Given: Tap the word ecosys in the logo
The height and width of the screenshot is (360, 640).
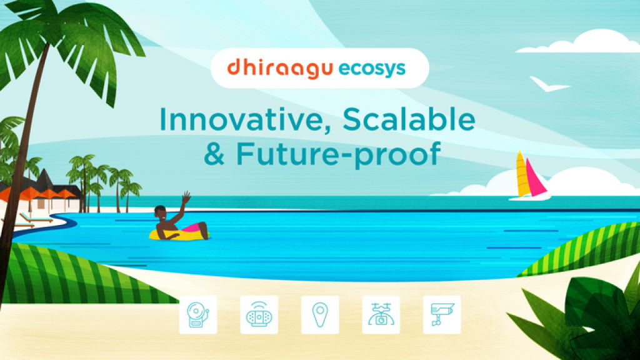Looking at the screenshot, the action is click(372, 69).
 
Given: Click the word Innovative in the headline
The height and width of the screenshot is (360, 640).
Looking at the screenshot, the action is click(245, 120).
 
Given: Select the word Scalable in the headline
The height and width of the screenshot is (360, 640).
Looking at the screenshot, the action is click(409, 119).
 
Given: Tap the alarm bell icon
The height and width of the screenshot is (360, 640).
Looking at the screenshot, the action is click(198, 315).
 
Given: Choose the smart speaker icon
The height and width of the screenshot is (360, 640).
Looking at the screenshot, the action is click(259, 315).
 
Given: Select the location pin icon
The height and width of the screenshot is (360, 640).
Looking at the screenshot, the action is click(320, 315).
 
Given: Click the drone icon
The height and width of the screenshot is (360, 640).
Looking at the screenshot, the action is click(381, 315).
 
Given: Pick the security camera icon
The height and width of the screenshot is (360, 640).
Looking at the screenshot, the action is click(442, 315).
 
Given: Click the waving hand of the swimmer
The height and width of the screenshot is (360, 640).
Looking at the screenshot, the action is click(186, 197).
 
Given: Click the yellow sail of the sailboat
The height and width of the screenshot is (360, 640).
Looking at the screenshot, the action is click(522, 175).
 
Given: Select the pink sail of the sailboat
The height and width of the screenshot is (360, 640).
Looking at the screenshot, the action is click(535, 179).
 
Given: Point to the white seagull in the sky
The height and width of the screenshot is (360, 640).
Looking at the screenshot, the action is click(547, 84).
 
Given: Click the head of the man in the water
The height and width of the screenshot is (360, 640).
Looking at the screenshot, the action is click(160, 212).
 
